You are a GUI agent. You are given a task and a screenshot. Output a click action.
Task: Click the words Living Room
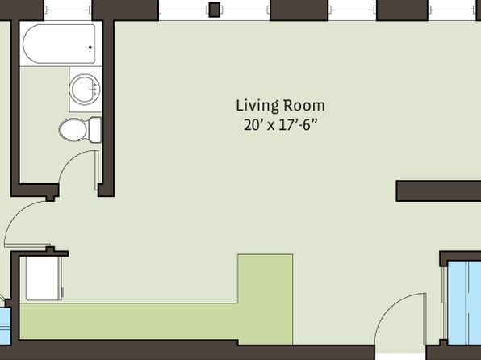click(280, 106)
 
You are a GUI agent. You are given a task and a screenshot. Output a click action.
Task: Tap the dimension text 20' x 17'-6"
click(280, 125)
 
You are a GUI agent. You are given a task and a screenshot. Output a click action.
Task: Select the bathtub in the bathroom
click(59, 44)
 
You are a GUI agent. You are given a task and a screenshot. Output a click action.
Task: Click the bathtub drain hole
click(90, 48)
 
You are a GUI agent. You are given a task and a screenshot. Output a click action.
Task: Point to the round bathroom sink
click(85, 89)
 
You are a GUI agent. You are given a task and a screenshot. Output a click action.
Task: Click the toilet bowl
click(73, 130)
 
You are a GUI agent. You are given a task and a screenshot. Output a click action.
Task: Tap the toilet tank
click(94, 130)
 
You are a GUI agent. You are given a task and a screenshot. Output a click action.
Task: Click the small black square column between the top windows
click(215, 10)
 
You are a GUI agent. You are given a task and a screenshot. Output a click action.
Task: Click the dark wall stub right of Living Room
click(438, 190)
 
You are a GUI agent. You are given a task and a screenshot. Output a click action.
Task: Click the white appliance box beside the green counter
click(44, 278)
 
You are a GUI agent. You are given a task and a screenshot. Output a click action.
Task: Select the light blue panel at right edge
click(464, 303)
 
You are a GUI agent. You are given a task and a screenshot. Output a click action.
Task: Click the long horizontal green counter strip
click(129, 321)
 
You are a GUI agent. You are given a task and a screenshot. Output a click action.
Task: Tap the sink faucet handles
click(94, 89)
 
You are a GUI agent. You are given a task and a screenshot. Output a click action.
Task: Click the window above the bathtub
click(68, 10)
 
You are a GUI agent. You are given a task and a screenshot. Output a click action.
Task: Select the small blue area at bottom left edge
click(5, 325)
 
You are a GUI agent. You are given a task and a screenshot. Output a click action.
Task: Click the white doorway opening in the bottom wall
click(400, 356)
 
